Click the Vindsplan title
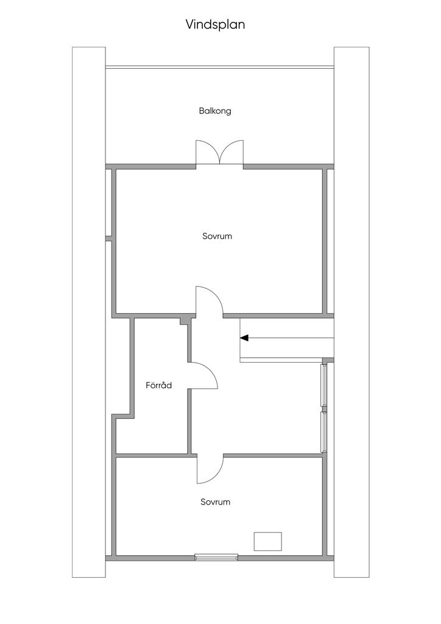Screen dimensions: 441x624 (215, 24)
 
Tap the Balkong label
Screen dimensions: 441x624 (215, 111)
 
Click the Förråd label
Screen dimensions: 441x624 (158, 385)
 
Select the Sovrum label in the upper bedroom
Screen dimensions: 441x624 (217, 236)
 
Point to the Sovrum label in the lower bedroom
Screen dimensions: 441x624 (216, 502)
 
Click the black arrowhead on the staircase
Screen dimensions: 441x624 (244, 338)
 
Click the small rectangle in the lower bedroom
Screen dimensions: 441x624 (268, 541)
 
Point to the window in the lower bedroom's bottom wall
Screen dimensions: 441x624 (216, 557)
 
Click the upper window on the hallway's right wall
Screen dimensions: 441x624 (324, 385)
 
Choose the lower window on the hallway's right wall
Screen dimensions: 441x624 (324, 432)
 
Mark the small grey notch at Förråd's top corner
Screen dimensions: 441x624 (184, 321)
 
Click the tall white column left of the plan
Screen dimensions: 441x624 (89, 312)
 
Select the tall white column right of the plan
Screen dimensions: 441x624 (351, 312)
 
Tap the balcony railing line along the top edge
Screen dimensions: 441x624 (219, 67)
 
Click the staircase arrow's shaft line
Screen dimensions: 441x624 (291, 338)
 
